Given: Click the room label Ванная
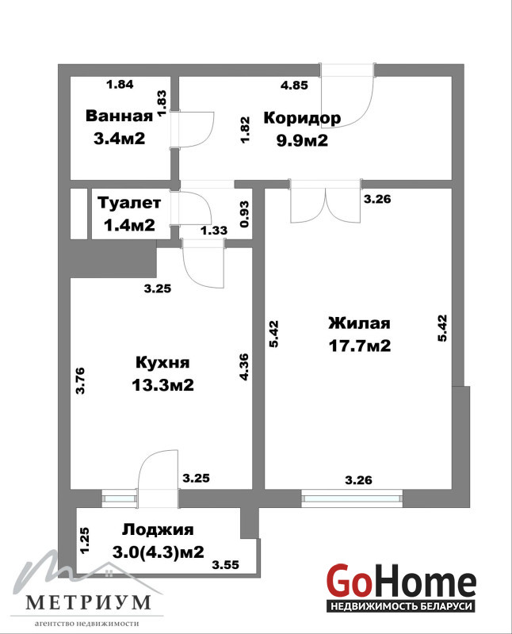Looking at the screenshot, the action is pos(120,116).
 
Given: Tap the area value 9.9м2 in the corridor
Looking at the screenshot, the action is pos(302,141).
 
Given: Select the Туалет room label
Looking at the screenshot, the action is pos(129,203).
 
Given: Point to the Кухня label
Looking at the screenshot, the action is pos(162,362).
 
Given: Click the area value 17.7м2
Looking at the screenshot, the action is pos(360,346).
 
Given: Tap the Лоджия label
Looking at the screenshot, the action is pos(159,529).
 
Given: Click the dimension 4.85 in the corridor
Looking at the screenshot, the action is pos(294,86).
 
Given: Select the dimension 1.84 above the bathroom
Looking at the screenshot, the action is pos(120,85).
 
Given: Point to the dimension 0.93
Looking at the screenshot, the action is pos(244,214).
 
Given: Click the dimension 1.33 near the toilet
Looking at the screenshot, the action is pos(214,231).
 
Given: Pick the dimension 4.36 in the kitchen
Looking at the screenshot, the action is pos(244,367).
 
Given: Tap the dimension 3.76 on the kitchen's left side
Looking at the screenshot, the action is pos(81,380).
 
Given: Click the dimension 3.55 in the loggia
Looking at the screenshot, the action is pos(226,564).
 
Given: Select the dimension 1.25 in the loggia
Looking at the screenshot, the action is pos(84,540).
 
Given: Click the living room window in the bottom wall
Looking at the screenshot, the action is pos(352,498).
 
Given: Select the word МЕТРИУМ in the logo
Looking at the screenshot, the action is pos(88,602).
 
